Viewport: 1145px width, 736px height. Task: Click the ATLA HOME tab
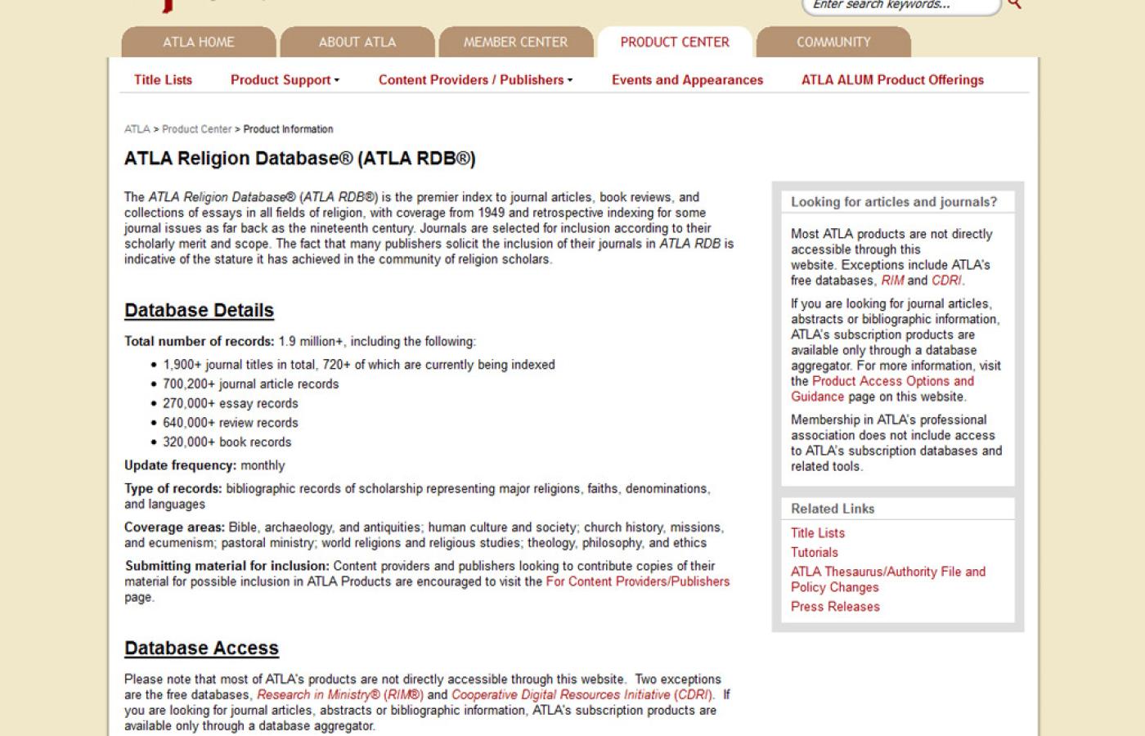[198, 42]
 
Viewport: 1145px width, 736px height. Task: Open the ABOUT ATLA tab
[357, 42]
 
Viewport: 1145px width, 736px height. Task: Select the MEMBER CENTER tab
[515, 42]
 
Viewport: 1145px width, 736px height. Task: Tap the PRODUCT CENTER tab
[674, 42]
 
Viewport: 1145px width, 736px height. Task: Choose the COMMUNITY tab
[833, 42]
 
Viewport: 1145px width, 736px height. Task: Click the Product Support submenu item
[284, 80]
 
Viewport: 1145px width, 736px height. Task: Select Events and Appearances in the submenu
[687, 80]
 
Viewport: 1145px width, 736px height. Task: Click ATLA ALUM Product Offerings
[892, 80]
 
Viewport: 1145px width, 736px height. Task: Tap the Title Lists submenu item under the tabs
[163, 80]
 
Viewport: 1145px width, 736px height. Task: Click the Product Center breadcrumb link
[196, 129]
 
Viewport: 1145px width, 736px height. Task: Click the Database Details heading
[199, 311]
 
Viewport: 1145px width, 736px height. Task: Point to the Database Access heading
[201, 648]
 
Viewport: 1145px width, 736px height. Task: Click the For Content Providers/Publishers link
[638, 581]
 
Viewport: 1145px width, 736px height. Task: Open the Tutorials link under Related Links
[814, 553]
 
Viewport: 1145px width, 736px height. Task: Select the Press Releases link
[835, 607]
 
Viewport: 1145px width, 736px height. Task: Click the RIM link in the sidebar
[892, 280]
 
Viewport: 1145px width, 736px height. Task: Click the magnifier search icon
[1015, 5]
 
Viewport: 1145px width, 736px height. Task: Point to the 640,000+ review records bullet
[230, 423]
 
